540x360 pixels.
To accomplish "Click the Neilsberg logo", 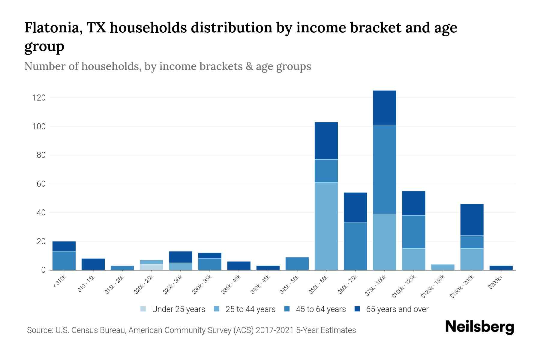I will click(x=479, y=327).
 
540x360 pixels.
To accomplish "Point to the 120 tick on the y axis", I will click(x=39, y=98).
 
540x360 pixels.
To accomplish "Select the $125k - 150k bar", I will click(x=442, y=267).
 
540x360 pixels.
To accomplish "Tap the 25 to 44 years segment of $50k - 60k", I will click(x=326, y=226).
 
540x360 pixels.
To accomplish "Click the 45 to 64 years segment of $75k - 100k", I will click(x=384, y=169).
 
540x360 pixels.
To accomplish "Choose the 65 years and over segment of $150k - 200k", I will click(x=472, y=220).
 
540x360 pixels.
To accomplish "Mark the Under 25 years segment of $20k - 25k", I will click(x=151, y=267).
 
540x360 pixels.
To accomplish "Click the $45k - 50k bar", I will click(x=297, y=264).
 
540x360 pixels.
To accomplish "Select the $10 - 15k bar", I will click(x=93, y=264).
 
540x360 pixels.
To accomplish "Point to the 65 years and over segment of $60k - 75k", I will click(x=355, y=207).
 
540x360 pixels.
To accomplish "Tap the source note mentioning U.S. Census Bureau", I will click(x=191, y=330).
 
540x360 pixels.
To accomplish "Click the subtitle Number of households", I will click(x=167, y=66).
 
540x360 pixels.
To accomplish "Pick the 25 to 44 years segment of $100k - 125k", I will click(x=413, y=259).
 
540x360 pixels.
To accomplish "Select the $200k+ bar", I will click(x=501, y=268).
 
